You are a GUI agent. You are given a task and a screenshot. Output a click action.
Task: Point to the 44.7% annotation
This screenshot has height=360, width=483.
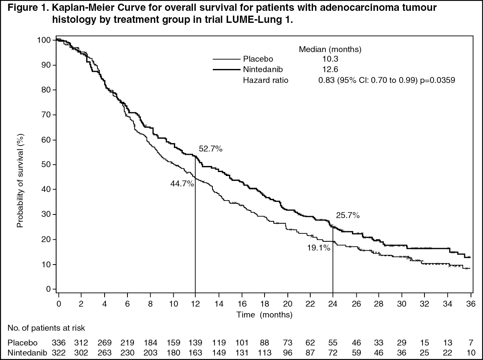182,184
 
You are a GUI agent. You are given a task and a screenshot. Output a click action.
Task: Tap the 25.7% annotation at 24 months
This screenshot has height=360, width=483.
348,216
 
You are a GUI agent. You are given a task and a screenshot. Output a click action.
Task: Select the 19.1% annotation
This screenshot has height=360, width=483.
319,248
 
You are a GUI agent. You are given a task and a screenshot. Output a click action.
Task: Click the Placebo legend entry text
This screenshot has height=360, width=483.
258,59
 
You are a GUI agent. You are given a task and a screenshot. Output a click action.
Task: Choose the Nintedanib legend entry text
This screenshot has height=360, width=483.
263,69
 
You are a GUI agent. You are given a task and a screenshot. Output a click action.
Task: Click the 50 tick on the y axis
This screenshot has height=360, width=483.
47,164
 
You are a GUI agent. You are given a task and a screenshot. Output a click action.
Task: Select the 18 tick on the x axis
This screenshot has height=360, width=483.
265,303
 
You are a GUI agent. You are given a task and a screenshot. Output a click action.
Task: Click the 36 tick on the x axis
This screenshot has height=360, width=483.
471,303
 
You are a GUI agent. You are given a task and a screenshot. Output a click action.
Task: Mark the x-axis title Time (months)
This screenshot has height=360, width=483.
265,315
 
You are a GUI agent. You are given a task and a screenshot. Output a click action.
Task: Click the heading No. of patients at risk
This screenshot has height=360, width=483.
46,328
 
